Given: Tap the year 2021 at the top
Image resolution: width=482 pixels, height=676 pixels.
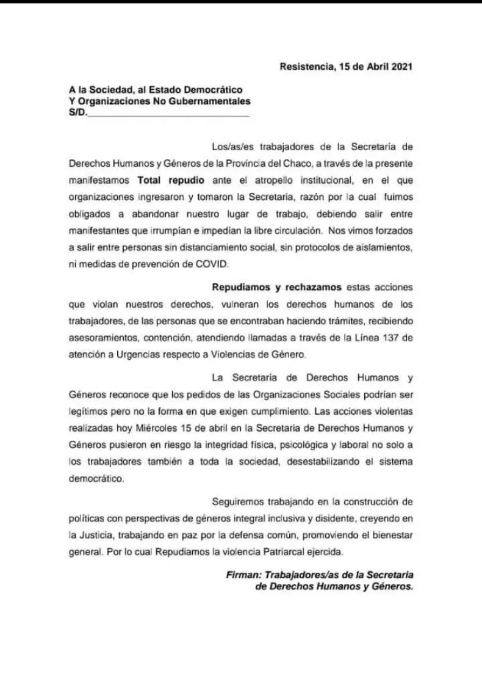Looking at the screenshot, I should click(401, 67).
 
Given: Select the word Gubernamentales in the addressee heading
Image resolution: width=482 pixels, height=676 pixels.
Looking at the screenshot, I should click(215, 101).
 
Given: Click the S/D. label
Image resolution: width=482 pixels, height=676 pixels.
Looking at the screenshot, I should click(77, 112).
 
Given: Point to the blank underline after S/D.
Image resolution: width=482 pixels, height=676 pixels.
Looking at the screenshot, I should click(168, 114).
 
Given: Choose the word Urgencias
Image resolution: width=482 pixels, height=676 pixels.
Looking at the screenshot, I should click(143, 354).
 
